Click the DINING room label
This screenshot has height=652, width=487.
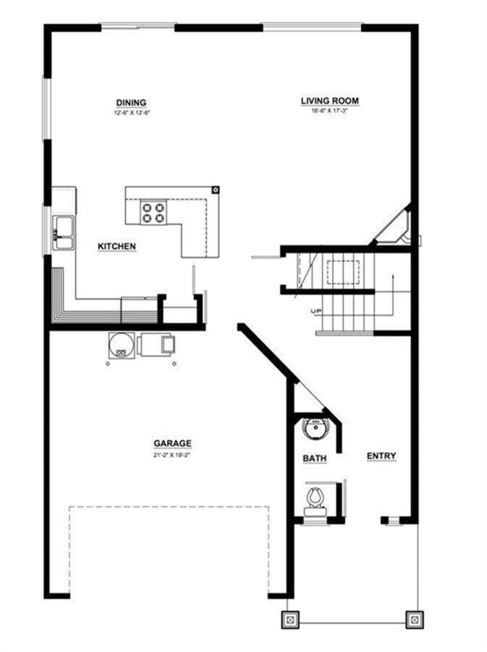click(x=132, y=102)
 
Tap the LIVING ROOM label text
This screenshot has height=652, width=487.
click(x=330, y=101)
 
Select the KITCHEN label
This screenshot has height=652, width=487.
click(x=117, y=247)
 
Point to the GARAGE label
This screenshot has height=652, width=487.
click(x=171, y=443)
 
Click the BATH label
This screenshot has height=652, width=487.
click(x=314, y=459)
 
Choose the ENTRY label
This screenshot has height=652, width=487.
click(x=381, y=456)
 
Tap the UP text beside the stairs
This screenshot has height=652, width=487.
click(x=316, y=312)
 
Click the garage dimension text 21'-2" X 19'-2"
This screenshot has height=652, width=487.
click(x=171, y=455)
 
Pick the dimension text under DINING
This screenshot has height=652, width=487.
click(x=132, y=112)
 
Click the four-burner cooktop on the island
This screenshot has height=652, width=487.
click(x=153, y=212)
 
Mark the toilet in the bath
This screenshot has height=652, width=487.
click(x=316, y=499)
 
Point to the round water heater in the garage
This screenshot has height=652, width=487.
click(x=120, y=344)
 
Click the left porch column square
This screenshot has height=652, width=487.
click(x=289, y=620)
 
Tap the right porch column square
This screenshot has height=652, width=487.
click(x=414, y=620)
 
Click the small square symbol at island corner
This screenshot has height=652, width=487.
click(x=215, y=191)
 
